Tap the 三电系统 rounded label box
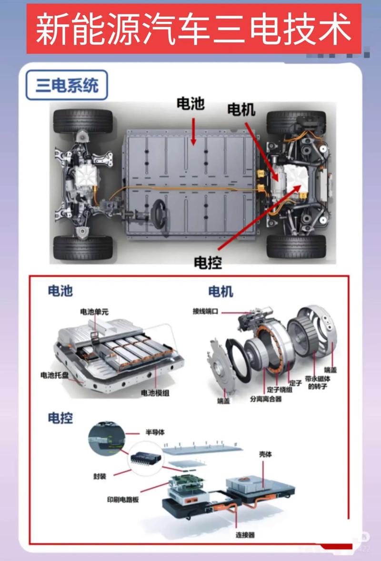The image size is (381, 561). tap(67, 85)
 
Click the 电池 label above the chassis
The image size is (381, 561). tap(190, 103)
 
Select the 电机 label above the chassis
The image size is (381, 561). tap(241, 110)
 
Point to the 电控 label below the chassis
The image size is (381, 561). tap(208, 262)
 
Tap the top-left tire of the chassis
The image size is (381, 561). tap(83, 122)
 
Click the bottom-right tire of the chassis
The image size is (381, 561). tap(296, 246)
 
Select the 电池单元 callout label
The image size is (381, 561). tap(94, 312)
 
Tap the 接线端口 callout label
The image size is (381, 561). tap(205, 311)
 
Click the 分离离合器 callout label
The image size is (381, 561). tap(265, 398)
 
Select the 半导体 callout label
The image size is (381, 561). tap(155, 432)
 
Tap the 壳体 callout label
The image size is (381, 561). tap(265, 454)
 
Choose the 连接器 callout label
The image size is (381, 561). tap(245, 535)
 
